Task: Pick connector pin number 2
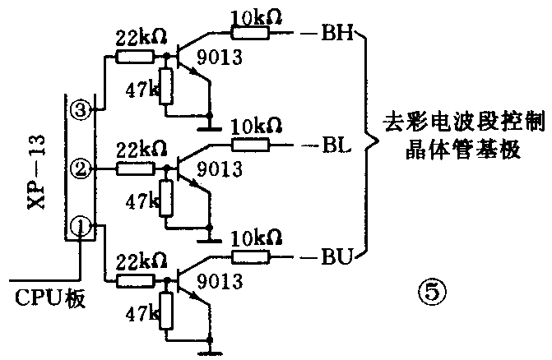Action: click(81, 169)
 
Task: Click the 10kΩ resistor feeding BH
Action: click(248, 34)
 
